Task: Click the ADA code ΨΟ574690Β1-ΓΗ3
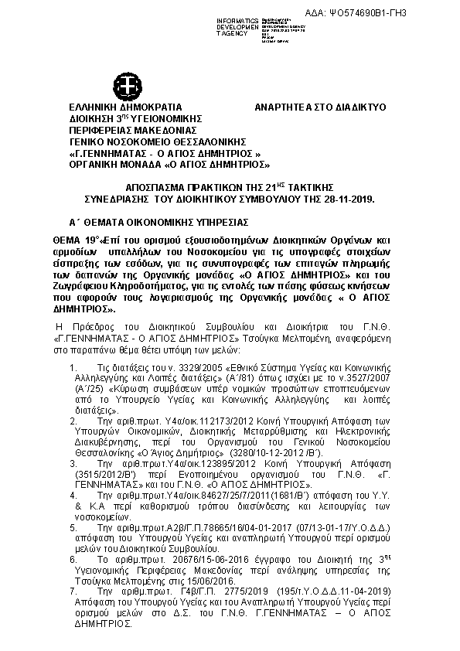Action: tap(409, 13)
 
